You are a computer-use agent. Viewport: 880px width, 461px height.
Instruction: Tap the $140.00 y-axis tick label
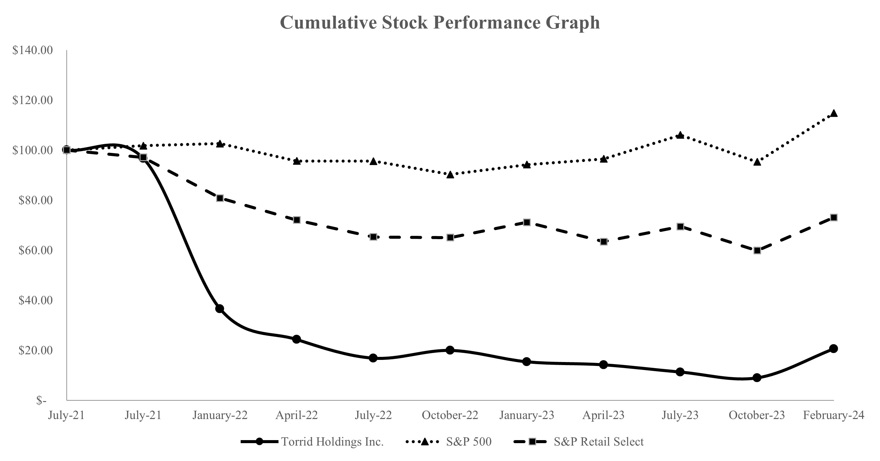click(32, 50)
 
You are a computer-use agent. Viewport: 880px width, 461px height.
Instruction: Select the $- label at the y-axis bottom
click(41, 400)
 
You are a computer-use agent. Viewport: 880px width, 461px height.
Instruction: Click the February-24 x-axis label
click(834, 415)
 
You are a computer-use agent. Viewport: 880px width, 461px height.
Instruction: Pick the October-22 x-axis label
click(450, 415)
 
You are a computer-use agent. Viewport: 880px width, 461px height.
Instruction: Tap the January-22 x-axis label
click(220, 415)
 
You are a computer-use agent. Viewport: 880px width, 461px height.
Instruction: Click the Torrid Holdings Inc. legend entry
click(332, 442)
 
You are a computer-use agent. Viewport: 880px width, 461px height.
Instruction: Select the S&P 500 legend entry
click(468, 442)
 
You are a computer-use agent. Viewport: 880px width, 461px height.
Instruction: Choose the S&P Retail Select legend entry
click(598, 442)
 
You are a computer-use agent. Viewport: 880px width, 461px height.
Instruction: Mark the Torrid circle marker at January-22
click(220, 309)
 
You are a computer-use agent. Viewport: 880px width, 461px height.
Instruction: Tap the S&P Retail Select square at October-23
click(757, 250)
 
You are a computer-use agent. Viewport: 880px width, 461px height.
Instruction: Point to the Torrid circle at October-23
click(757, 378)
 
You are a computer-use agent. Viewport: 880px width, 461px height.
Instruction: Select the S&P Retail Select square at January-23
click(527, 222)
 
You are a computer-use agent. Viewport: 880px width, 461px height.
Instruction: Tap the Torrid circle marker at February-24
click(834, 349)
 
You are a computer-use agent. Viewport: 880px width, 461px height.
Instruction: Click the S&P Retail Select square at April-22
click(297, 220)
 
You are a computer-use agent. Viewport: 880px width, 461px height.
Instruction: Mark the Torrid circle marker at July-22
click(373, 358)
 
